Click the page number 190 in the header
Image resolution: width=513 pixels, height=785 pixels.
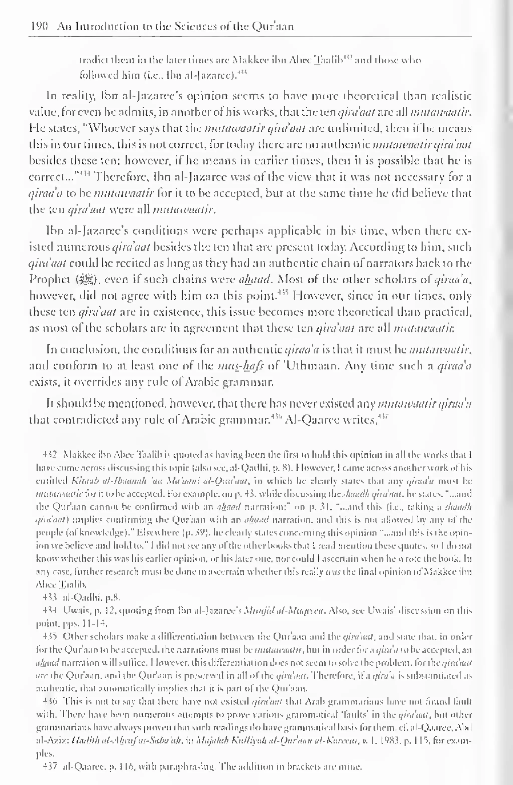pyautogui.click(x=39, y=26)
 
